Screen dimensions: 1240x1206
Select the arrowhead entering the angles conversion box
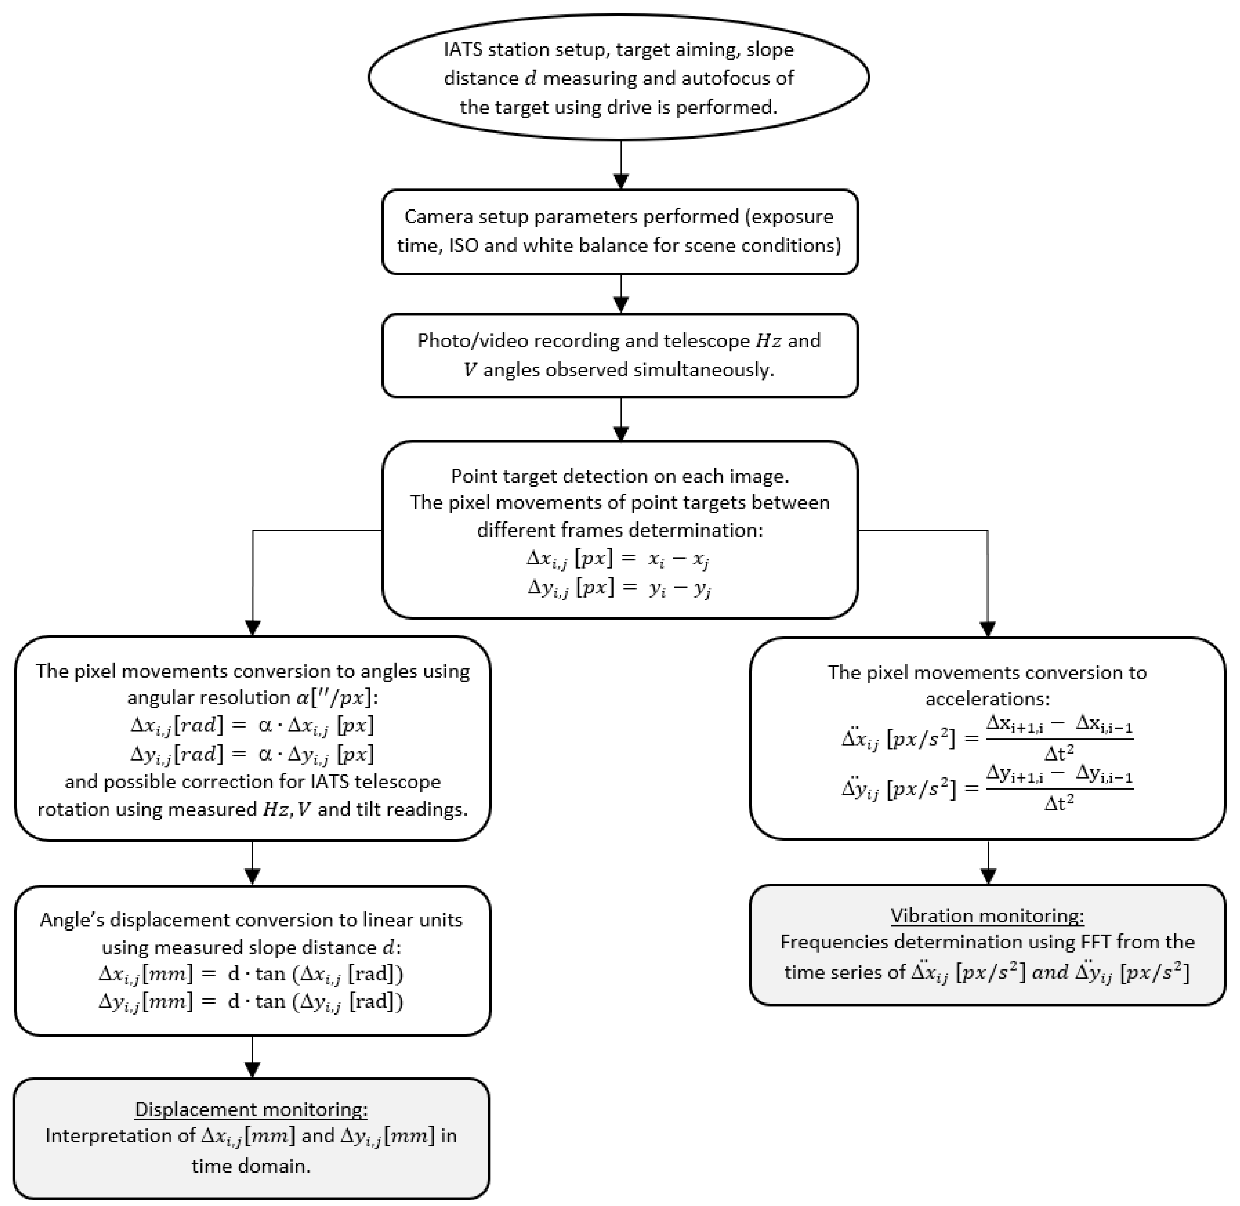(x=253, y=628)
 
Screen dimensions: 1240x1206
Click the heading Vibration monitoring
(x=987, y=916)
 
